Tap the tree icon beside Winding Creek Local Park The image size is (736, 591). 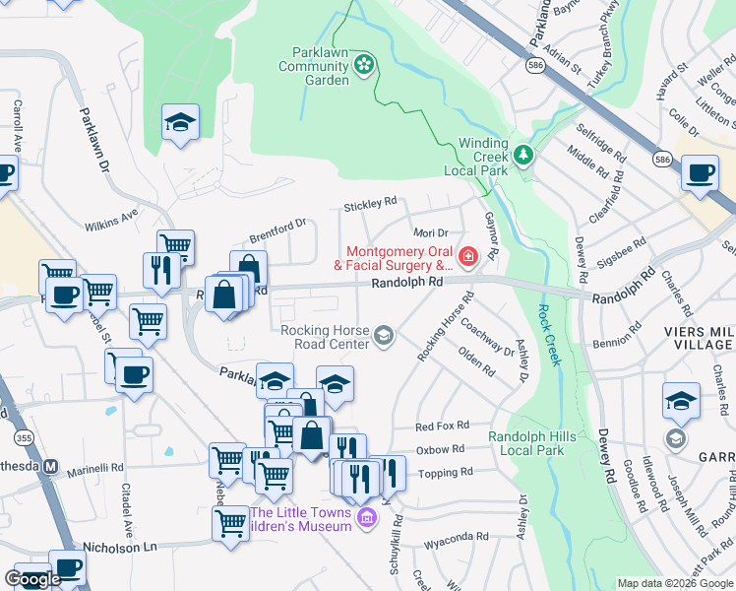point(524,155)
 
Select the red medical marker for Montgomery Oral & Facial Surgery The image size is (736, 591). point(467,258)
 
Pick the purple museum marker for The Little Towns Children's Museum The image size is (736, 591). point(367,517)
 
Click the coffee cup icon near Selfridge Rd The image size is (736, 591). point(700,173)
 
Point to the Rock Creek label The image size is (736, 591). point(549,334)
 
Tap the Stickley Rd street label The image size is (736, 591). point(369,206)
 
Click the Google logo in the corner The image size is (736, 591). point(32,578)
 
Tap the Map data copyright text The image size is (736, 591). point(675,582)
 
